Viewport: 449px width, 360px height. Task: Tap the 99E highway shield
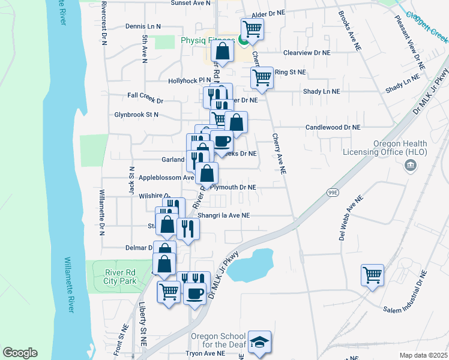click(x=333, y=192)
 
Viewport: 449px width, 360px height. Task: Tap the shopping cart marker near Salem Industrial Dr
click(x=372, y=275)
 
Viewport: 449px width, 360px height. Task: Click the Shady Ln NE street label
click(x=321, y=92)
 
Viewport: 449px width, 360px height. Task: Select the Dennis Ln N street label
click(x=143, y=26)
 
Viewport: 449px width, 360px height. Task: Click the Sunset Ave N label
click(x=191, y=3)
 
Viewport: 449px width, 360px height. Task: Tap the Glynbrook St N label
click(x=136, y=114)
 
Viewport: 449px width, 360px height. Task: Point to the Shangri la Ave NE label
click(x=232, y=215)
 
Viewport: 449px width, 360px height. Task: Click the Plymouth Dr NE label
click(x=235, y=187)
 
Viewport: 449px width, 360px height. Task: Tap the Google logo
click(x=20, y=353)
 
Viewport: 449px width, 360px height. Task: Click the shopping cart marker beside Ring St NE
click(x=262, y=76)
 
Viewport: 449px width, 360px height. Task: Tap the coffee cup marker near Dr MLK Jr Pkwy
click(x=194, y=293)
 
